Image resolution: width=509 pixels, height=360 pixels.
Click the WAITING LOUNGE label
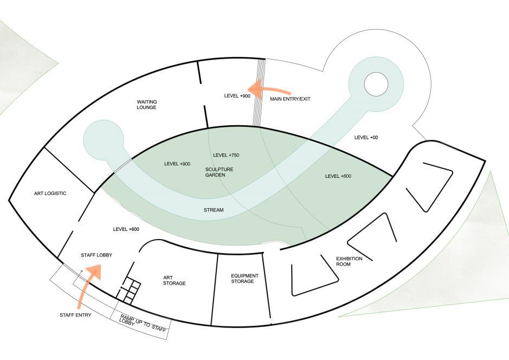[146, 105]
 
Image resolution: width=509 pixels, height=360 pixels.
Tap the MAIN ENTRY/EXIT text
[290, 99]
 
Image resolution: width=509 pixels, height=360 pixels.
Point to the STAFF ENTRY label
[75, 315]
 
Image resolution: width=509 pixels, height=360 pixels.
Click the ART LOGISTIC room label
[50, 194]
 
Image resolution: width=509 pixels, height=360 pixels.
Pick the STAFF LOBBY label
[96, 255]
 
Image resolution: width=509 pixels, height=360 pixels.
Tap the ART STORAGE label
[175, 280]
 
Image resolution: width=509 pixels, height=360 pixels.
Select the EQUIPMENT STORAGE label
[244, 278]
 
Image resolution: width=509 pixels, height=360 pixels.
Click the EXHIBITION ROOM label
[349, 261]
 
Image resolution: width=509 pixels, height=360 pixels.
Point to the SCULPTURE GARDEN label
[219, 172]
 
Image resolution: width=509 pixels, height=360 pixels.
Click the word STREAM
[213, 209]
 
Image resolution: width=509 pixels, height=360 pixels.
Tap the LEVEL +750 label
[226, 156]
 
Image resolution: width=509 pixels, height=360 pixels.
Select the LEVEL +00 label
[366, 138]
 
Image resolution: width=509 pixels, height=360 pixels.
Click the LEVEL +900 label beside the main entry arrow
[237, 96]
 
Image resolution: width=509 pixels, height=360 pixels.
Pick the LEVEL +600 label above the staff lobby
[126, 229]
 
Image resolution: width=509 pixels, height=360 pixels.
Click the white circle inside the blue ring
[376, 84]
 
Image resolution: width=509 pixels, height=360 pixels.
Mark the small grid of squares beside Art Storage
[131, 290]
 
